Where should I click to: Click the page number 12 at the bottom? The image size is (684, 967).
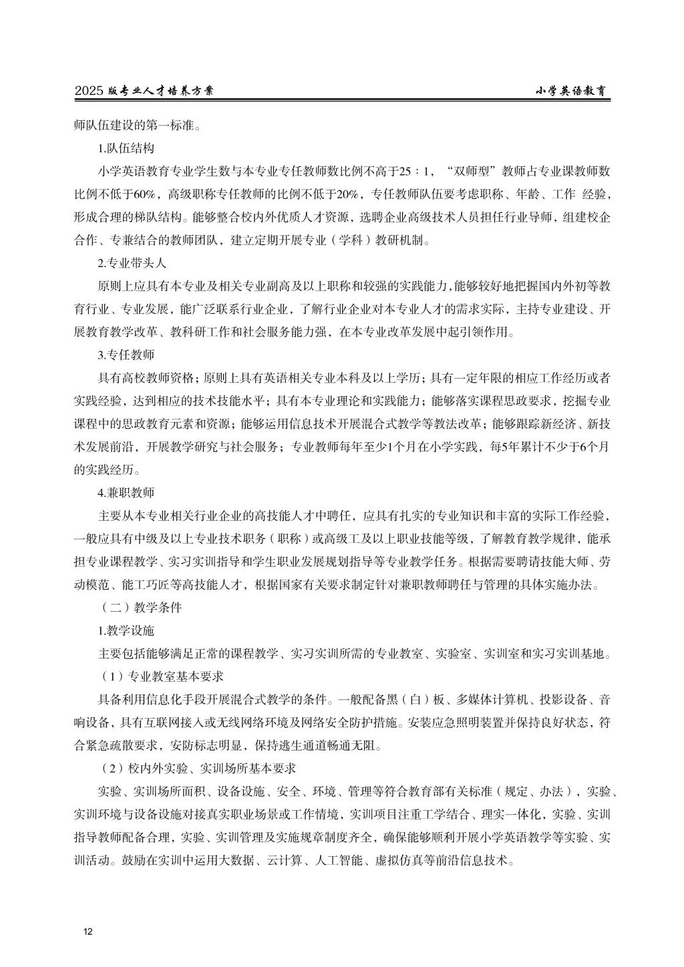tap(88, 932)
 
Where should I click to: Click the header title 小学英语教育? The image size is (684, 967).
tap(573, 91)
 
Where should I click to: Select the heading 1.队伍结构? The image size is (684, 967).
tap(126, 148)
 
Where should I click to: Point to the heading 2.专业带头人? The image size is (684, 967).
tap(132, 262)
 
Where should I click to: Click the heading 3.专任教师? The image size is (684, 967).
tap(126, 355)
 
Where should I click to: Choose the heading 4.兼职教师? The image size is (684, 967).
tap(126, 493)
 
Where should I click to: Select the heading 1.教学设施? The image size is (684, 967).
tap(126, 630)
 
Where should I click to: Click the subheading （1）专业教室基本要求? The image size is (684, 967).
tap(160, 676)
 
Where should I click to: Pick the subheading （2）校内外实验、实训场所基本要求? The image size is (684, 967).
tap(197, 769)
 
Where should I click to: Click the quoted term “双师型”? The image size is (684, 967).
tap(471, 171)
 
